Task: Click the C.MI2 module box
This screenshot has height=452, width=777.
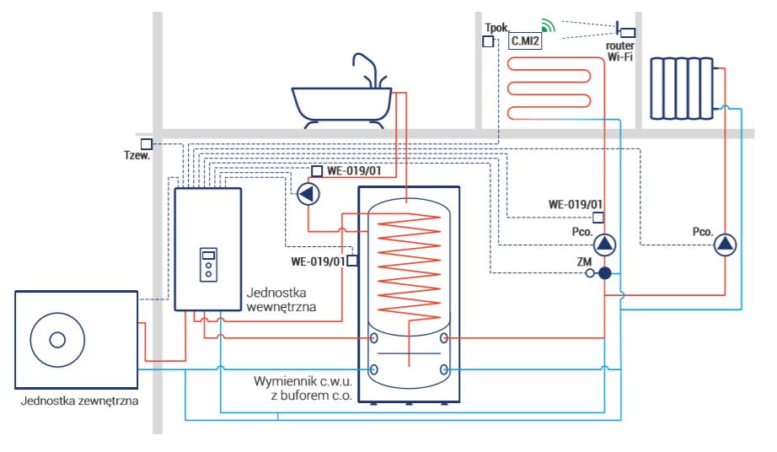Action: (525, 40)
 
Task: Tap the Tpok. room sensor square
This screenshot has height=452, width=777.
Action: (488, 41)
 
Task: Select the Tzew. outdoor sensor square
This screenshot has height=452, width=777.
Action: (146, 144)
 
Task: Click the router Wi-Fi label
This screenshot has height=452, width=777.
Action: (620, 51)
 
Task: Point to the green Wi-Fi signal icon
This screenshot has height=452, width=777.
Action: (548, 26)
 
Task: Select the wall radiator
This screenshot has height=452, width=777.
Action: (682, 89)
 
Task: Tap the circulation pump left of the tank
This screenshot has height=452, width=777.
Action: (308, 194)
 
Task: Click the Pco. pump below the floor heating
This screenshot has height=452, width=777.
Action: (604, 245)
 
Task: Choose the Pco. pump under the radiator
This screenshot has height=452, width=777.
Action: (725, 245)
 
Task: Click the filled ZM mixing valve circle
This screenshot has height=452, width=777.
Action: (604, 272)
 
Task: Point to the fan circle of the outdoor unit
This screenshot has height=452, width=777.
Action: (57, 340)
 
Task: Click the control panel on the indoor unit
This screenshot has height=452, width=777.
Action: (209, 265)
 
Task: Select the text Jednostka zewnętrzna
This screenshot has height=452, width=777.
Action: (79, 401)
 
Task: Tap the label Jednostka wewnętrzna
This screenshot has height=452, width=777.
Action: (281, 299)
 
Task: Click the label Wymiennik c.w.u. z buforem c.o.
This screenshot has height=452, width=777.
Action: (303, 388)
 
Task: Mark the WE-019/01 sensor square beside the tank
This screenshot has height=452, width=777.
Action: (351, 261)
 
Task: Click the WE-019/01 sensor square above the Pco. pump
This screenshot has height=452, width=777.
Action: (598, 217)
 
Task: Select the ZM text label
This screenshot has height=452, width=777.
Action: (584, 261)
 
